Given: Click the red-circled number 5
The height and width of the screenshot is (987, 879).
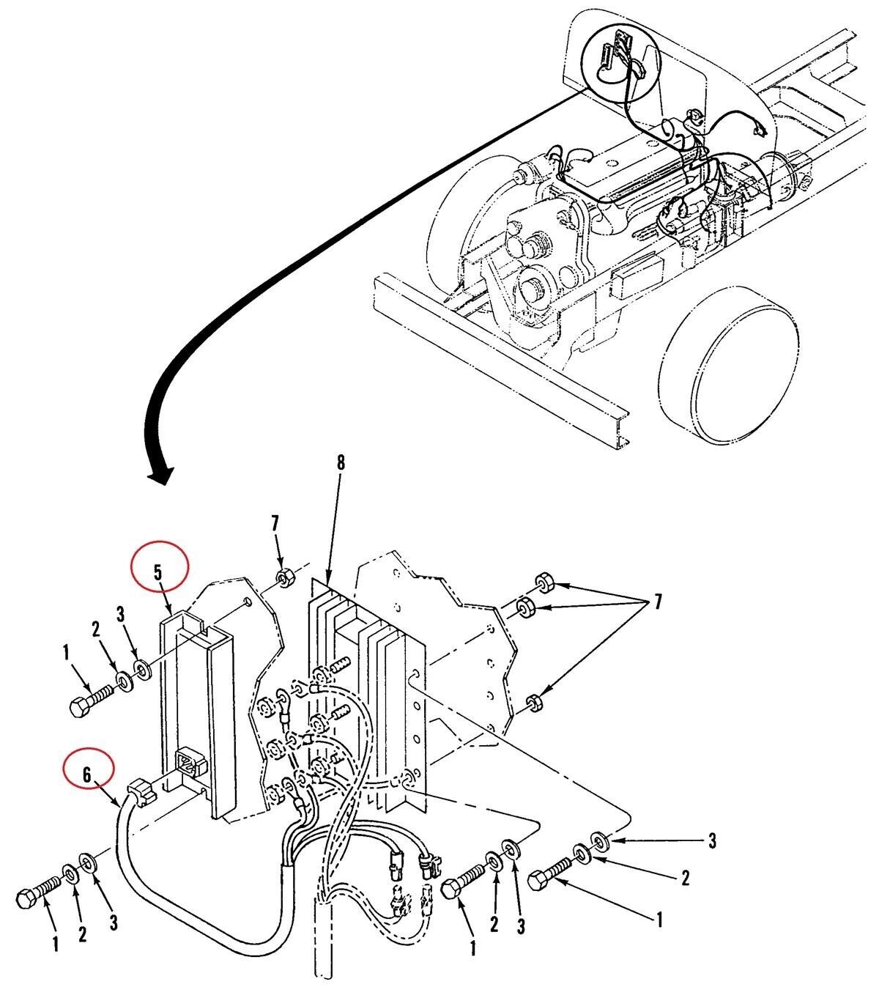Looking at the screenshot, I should (158, 572).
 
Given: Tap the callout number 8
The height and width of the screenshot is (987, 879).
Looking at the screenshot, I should (340, 463).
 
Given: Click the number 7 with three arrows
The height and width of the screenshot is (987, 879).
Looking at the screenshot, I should (656, 602).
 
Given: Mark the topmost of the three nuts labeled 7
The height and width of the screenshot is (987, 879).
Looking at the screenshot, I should (542, 584).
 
